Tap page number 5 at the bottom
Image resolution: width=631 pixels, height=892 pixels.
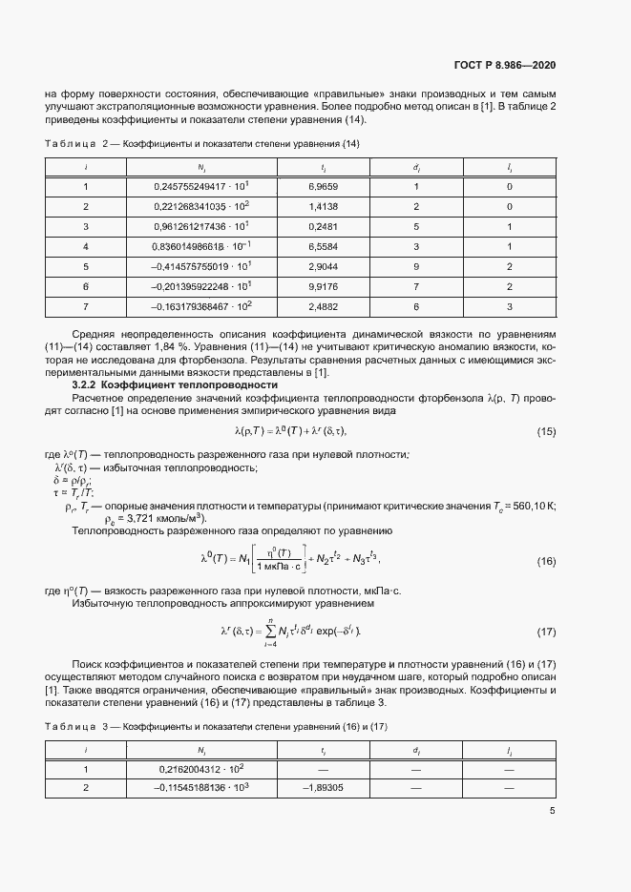click(552, 812)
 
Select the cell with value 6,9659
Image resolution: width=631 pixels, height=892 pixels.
click(324, 187)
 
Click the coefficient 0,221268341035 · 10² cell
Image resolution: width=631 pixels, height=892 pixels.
click(202, 206)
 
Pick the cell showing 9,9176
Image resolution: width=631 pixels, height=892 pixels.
click(324, 286)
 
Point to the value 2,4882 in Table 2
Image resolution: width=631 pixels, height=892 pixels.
click(324, 306)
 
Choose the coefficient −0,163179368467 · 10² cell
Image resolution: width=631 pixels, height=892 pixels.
click(201, 306)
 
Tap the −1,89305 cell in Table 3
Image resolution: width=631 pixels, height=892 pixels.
click(323, 788)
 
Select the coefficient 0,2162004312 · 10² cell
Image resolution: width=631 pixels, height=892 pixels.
click(202, 768)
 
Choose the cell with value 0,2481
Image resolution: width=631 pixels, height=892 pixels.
click(324, 226)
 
